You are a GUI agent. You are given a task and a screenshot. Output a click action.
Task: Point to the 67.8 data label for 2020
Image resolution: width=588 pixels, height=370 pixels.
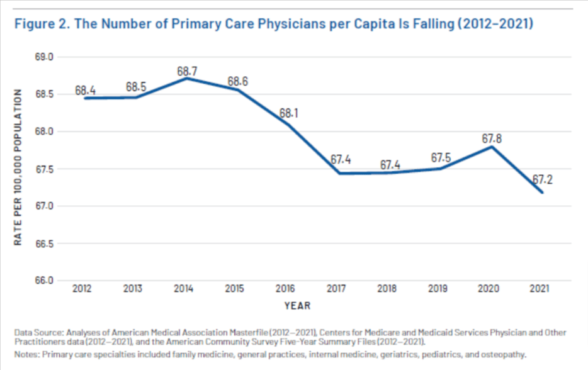pos(489,138)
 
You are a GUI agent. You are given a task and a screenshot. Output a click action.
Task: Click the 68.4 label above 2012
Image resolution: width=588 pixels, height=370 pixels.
pos(85,91)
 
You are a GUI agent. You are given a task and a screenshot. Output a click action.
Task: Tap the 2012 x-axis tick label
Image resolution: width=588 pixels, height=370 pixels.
pos(82,289)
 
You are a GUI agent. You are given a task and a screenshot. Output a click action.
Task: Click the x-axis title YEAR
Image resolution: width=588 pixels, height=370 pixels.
pos(298,306)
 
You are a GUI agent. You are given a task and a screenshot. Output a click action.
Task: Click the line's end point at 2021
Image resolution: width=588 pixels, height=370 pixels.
pos(541,192)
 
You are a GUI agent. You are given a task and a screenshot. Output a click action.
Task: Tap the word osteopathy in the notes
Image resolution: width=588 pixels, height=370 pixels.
pos(503,355)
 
